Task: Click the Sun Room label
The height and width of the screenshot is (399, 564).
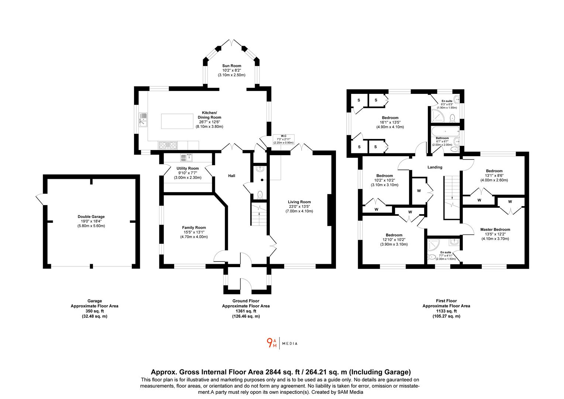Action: point(232,66)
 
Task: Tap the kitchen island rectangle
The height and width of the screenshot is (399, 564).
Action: point(177,121)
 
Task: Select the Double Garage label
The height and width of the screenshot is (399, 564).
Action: point(91,216)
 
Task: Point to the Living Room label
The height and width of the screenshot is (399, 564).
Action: point(299,202)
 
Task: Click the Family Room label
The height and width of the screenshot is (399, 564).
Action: point(194,228)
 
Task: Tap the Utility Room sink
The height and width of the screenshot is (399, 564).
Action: point(186,158)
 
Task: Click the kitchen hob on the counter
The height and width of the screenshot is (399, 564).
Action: point(168,145)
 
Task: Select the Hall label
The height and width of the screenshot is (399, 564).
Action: point(232,176)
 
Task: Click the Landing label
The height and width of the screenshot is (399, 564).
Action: point(435,167)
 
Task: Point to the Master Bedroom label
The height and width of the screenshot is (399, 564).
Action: point(495,229)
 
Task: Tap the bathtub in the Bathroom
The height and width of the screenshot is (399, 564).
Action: point(446,132)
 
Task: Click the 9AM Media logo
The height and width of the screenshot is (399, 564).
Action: point(282,343)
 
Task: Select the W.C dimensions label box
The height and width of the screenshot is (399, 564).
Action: point(283,139)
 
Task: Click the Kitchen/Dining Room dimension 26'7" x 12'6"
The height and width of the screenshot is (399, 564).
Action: point(210,122)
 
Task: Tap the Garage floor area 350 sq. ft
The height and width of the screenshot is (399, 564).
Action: point(94,311)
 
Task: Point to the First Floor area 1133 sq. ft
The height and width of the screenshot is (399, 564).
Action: point(446,311)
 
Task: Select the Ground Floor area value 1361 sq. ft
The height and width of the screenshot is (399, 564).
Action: point(246,311)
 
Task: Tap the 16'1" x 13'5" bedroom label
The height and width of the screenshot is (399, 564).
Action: point(390,122)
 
